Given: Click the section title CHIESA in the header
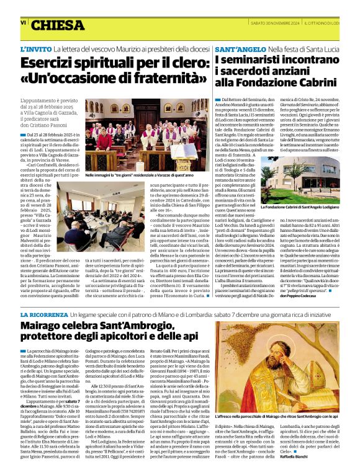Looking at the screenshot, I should click(x=57, y=25).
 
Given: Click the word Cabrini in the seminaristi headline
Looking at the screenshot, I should click(x=316, y=81).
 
